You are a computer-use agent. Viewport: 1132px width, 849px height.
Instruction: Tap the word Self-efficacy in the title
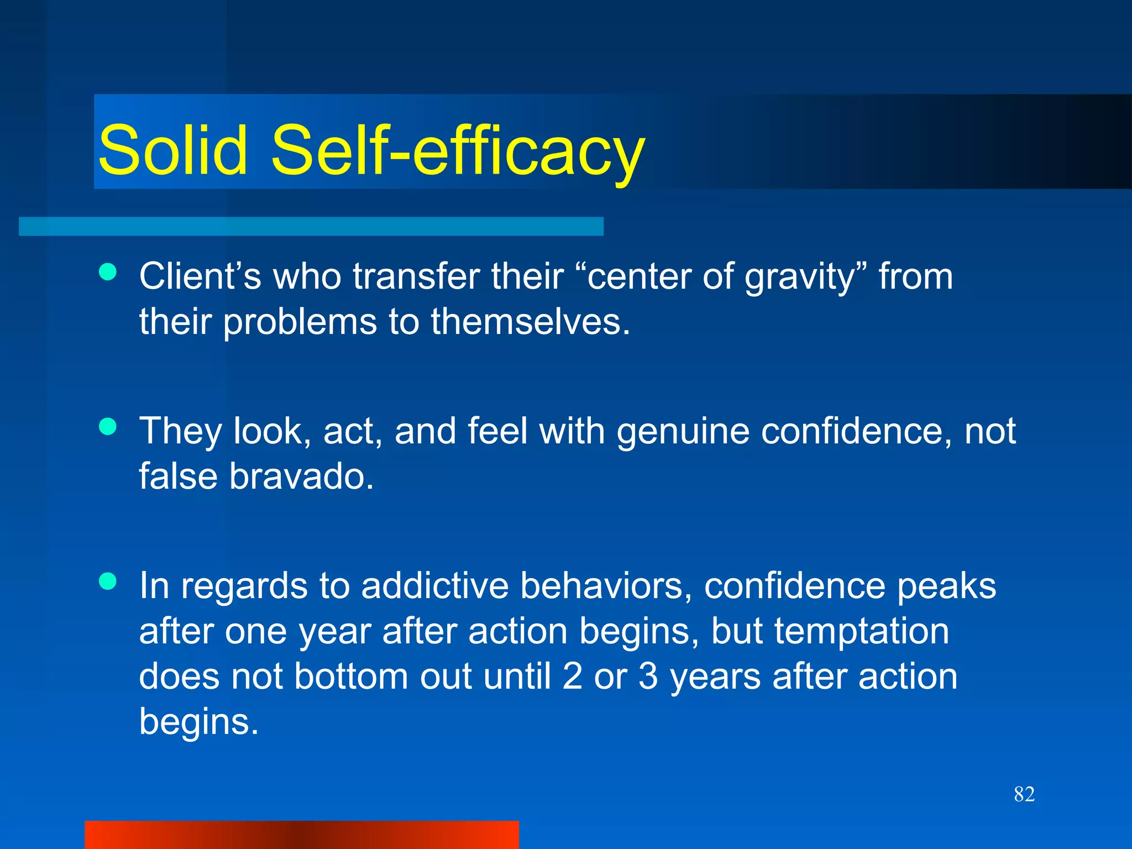[x=458, y=150]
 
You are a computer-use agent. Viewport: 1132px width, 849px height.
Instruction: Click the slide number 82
[x=1024, y=794]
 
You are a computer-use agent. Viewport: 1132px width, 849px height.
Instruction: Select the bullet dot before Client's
[x=108, y=271]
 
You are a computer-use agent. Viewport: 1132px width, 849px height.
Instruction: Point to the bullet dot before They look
[x=108, y=426]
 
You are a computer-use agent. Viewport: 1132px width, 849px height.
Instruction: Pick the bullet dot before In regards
[x=108, y=581]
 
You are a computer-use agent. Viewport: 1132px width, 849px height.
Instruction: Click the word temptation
[x=861, y=631]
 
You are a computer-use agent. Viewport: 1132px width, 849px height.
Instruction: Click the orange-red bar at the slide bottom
[x=302, y=835]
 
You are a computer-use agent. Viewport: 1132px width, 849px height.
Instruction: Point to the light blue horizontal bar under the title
[x=311, y=227]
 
